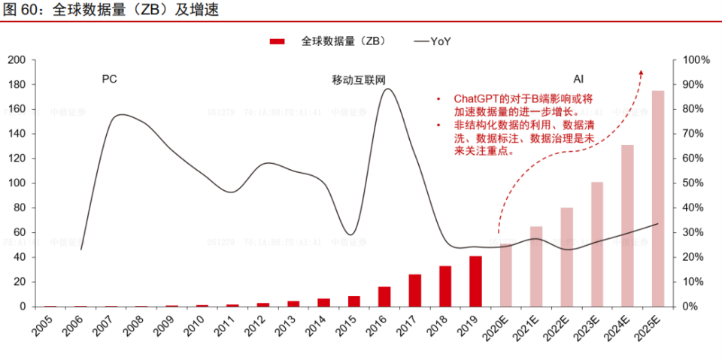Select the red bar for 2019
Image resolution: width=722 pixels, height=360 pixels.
pos(475,281)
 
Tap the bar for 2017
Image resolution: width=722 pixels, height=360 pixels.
pos(415,290)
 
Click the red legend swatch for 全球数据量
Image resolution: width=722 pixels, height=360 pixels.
pos(278,42)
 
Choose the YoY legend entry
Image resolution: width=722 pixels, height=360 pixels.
pos(432,42)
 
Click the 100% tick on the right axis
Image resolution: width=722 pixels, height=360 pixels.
pos(696,59)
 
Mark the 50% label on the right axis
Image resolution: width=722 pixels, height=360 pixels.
pos(696,183)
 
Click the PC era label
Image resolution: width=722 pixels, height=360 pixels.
pos(110,78)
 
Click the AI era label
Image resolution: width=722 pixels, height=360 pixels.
pos(578,78)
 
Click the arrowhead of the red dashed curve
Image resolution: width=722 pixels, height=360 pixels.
pos(641,71)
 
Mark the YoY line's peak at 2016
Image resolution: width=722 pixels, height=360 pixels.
pos(387,89)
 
